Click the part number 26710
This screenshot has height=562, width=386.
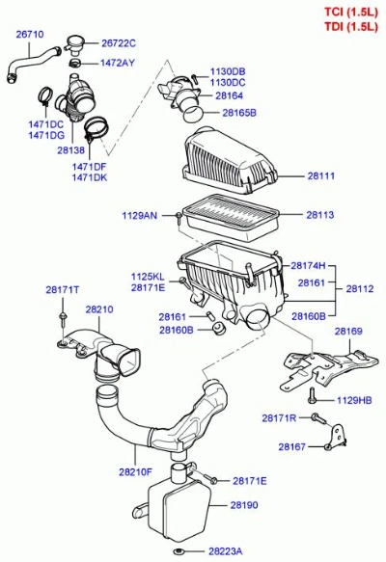coord(30,35)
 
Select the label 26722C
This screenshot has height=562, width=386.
coord(119,43)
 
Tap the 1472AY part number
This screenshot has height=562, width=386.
coord(118,63)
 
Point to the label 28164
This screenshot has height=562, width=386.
coord(230,95)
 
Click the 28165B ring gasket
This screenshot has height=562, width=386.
coord(193,114)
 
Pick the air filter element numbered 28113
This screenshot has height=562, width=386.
coord(231,217)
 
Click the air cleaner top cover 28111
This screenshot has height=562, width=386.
coord(231,161)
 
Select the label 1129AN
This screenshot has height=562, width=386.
coord(140,215)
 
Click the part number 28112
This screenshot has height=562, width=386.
coord(360,289)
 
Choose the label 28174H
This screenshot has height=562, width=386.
coord(308,266)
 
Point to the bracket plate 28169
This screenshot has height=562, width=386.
coord(328,369)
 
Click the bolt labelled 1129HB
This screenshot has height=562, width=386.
coord(312,395)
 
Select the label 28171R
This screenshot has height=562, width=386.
coord(279,418)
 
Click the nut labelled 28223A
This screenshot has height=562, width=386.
coord(177,550)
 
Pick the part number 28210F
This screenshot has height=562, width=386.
coord(136,472)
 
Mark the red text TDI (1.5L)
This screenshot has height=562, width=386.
coord(351,27)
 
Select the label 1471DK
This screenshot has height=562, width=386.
coord(90,177)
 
